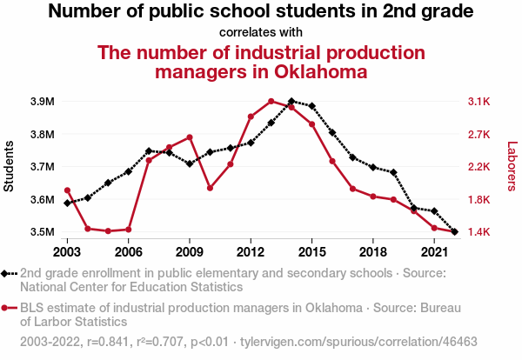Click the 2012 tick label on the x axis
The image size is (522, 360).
(251, 251)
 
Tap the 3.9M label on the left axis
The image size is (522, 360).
(41, 102)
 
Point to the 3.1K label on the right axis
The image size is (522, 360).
(479, 102)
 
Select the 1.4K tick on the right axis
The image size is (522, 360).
(479, 232)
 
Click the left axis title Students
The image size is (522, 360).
(10, 166)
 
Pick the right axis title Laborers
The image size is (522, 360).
(512, 167)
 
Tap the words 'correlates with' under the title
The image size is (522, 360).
(261, 33)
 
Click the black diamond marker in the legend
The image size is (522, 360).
(7, 273)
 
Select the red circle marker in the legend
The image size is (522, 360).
(7, 308)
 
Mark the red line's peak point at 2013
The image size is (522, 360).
(271, 101)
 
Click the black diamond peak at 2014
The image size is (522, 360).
(291, 102)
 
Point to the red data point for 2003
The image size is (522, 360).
(67, 190)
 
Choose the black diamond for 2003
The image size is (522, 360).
(67, 203)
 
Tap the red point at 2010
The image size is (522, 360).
(210, 188)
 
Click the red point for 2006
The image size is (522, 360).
(129, 230)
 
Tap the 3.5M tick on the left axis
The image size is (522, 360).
(41, 232)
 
